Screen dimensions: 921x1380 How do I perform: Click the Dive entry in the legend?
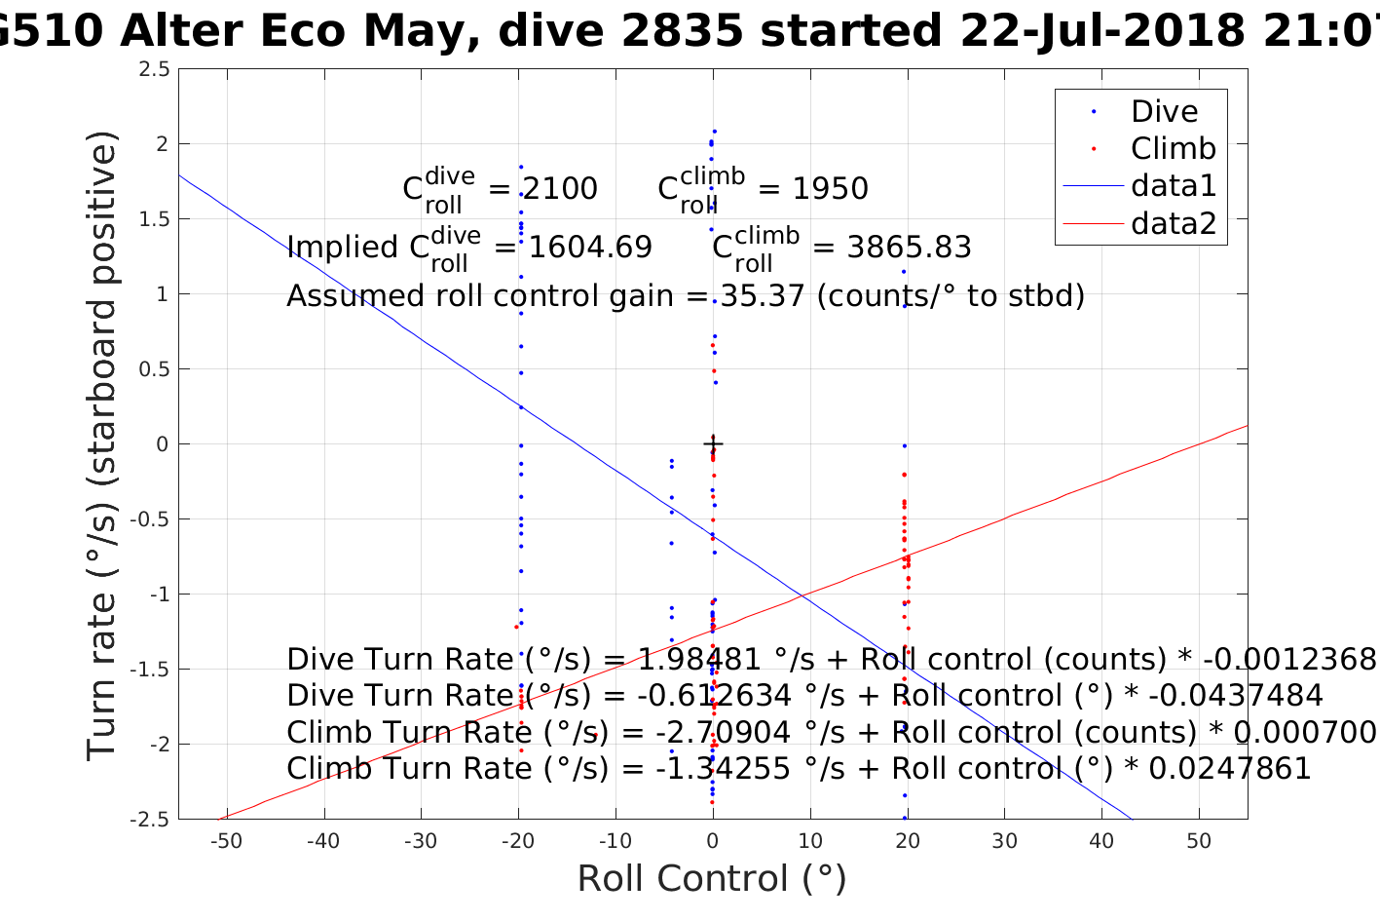pyautogui.click(x=1164, y=111)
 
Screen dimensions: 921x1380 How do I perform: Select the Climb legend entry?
pyautogui.click(x=1173, y=148)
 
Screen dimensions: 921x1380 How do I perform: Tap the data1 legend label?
pyautogui.click(x=1173, y=185)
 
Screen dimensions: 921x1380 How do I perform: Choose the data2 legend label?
pyautogui.click(x=1173, y=223)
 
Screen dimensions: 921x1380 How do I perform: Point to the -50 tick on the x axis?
pyautogui.click(x=226, y=841)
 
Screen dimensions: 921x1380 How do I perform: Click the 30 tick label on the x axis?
pyautogui.click(x=1004, y=841)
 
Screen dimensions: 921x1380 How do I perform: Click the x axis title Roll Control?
pyautogui.click(x=712, y=879)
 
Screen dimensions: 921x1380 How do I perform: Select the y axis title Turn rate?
pyautogui.click(x=103, y=445)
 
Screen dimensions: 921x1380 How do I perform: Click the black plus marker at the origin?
pyautogui.click(x=713, y=444)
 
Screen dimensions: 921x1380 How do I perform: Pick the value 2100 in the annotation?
pyautogui.click(x=560, y=188)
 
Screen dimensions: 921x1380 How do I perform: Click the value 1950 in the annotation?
pyautogui.click(x=830, y=188)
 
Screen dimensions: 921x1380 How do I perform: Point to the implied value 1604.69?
pyautogui.click(x=590, y=247)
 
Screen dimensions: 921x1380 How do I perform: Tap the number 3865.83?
pyautogui.click(x=909, y=247)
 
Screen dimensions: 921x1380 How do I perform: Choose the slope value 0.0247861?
pyautogui.click(x=1230, y=768)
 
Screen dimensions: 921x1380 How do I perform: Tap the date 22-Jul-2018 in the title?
pyautogui.click(x=1100, y=32)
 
